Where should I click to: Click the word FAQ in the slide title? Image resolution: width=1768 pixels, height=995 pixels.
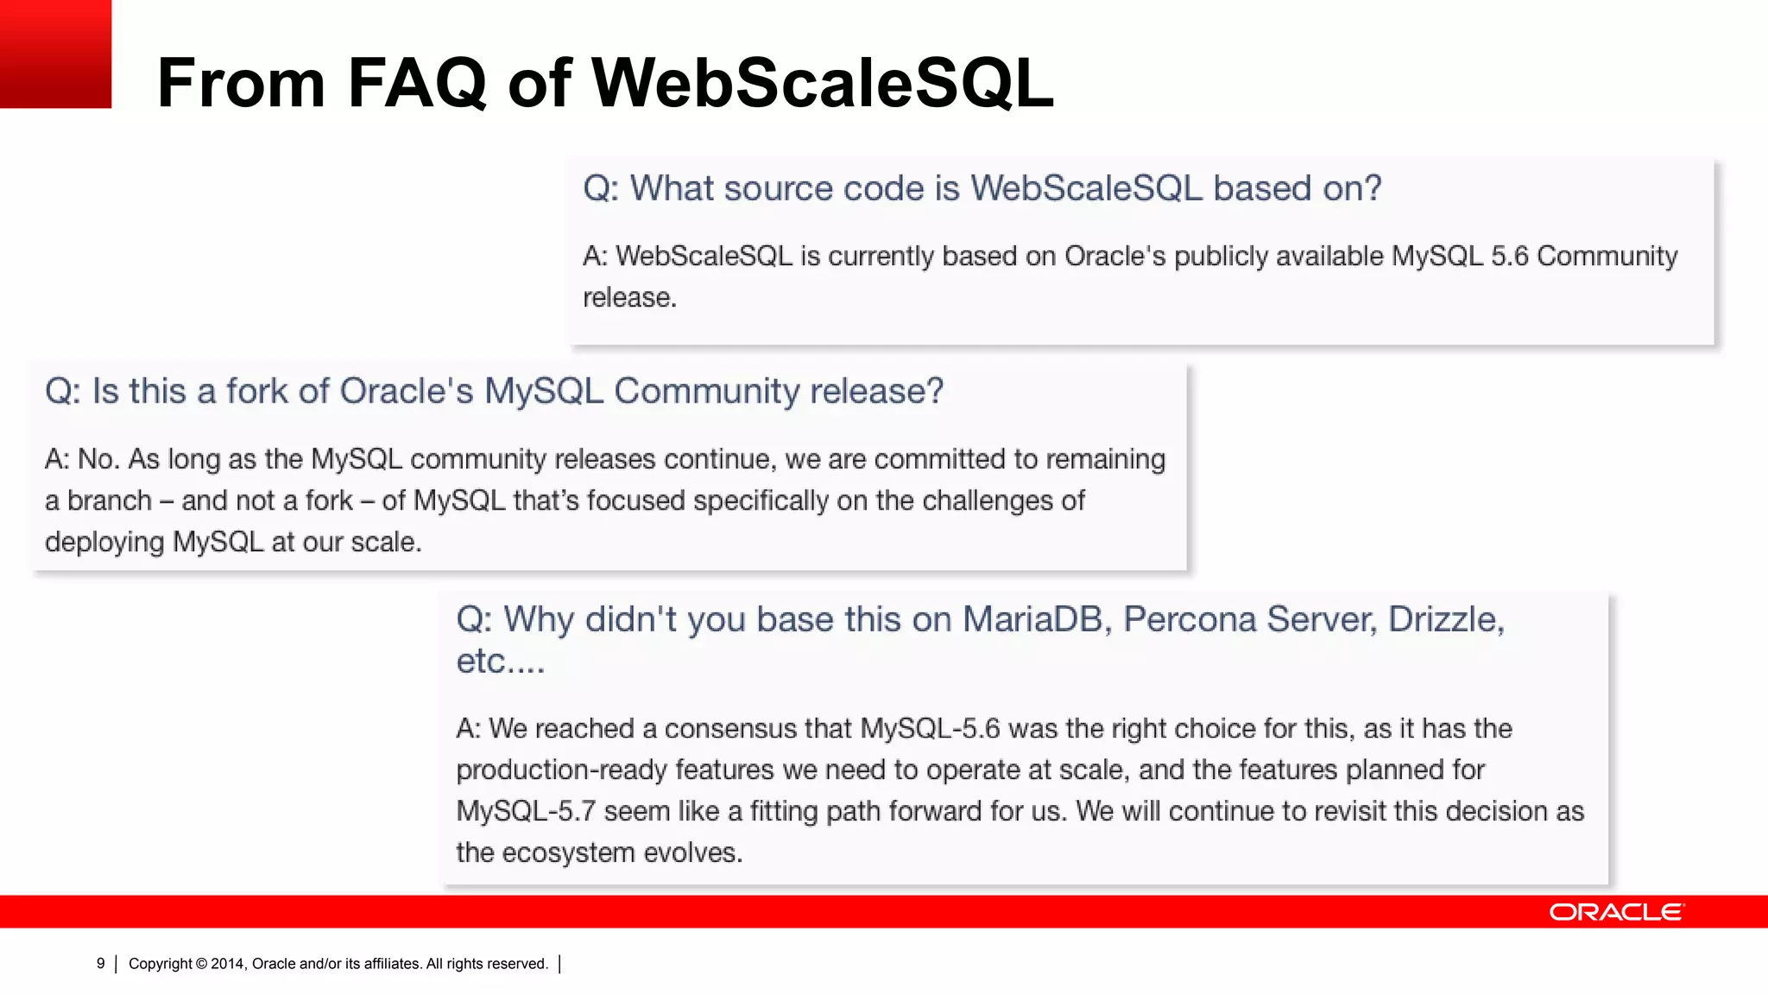417,84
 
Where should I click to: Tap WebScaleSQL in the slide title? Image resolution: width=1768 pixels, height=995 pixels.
823,84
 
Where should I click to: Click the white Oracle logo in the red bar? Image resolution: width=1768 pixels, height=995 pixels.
1616,912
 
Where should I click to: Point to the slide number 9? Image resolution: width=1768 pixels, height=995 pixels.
101,963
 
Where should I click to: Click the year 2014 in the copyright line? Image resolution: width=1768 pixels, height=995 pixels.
229,964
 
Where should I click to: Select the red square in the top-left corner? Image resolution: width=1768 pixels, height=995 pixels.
55,54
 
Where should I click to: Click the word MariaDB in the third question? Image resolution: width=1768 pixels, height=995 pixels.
1037,619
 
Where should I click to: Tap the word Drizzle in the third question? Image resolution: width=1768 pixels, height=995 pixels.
1445,619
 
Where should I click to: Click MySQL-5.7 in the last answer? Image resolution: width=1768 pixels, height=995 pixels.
526,811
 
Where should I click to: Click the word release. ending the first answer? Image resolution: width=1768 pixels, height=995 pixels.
629,298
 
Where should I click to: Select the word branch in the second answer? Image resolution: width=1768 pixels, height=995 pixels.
110,501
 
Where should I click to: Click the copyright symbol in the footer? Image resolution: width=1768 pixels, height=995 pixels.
201,964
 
